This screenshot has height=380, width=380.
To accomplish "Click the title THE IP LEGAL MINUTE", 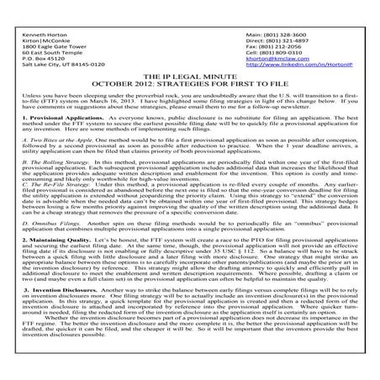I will point(189,77).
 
